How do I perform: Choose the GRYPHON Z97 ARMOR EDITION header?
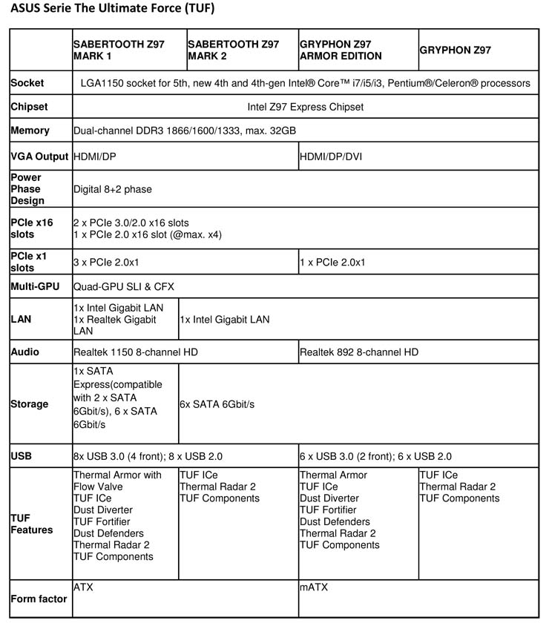(x=341, y=50)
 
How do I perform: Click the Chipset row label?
(x=30, y=107)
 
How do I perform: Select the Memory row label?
(x=30, y=131)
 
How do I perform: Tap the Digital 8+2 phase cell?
(x=112, y=189)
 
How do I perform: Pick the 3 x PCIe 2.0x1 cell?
(x=107, y=263)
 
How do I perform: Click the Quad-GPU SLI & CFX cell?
(x=124, y=286)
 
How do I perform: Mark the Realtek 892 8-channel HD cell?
(x=359, y=352)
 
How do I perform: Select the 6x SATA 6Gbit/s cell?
(x=217, y=404)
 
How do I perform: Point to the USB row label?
(x=22, y=456)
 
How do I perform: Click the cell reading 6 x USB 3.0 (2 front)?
(x=375, y=456)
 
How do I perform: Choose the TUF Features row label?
(x=32, y=524)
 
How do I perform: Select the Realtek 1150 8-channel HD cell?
(x=136, y=352)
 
